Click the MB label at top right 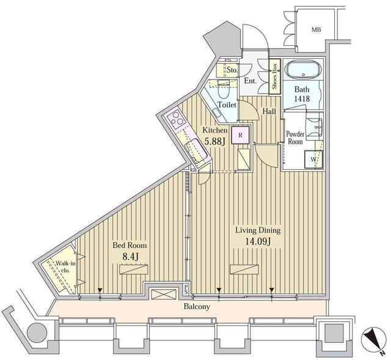pyautogui.click(x=316, y=29)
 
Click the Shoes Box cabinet pyautogui.click(x=275, y=76)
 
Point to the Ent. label pyautogui.click(x=250, y=81)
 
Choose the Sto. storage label pyautogui.click(x=232, y=70)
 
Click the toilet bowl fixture pyautogui.click(x=223, y=91)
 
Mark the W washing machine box pyautogui.click(x=313, y=160)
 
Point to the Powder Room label pyautogui.click(x=295, y=136)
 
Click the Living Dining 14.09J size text pyautogui.click(x=258, y=236)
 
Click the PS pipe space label pyautogui.click(x=186, y=289)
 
